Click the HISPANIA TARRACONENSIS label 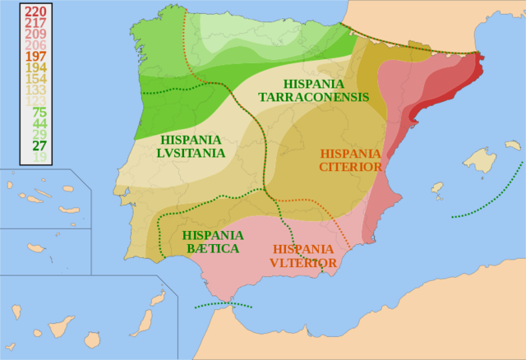(313, 90)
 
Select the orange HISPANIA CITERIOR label (351, 159)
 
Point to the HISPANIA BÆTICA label (212, 242)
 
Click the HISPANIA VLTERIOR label (303, 256)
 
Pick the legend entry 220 (35, 12)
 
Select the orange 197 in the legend (35, 56)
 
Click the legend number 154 (35, 78)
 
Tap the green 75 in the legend (39, 112)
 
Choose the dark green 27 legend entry (39, 145)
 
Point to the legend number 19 (39, 157)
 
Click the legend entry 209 (35, 34)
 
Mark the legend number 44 (39, 123)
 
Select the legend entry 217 (35, 23)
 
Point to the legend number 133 (35, 90)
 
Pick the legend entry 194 (35, 67)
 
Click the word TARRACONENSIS (313, 97)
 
